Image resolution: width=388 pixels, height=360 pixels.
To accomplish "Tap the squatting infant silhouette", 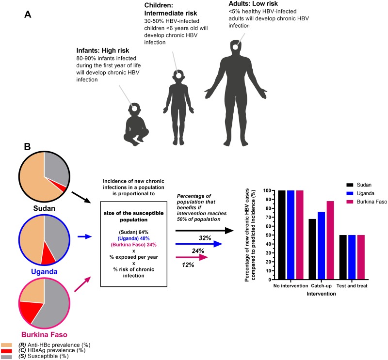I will point(132,123).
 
